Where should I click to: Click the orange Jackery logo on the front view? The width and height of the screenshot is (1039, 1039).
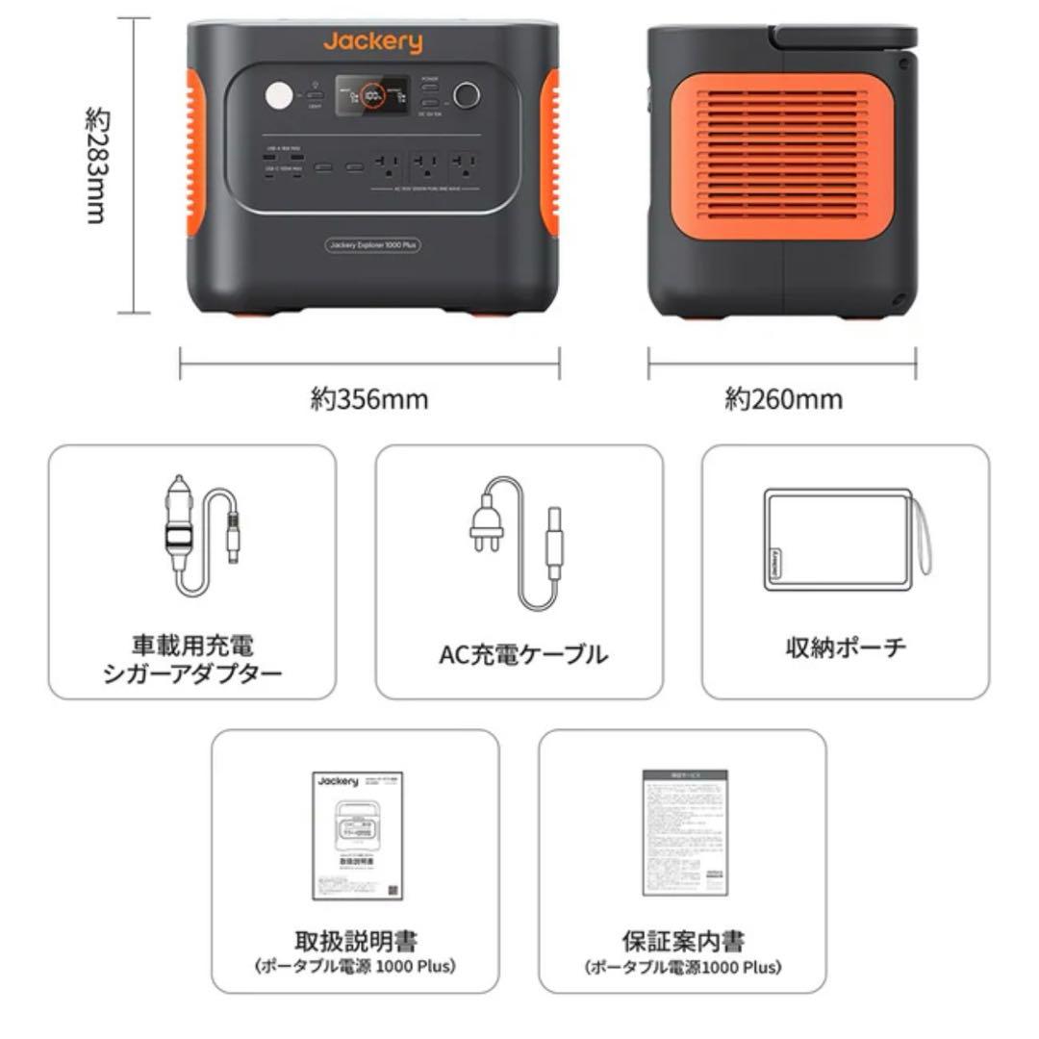(372, 42)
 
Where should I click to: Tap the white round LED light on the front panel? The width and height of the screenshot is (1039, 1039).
(279, 97)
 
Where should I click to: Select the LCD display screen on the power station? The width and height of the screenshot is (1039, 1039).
(372, 96)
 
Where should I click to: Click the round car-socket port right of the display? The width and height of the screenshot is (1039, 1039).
(467, 95)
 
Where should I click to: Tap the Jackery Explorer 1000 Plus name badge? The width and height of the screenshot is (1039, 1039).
(372, 245)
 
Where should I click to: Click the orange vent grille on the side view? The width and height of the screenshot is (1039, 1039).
(781, 155)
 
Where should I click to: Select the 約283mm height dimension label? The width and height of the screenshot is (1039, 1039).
(97, 165)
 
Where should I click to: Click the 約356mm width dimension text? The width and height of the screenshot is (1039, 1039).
(369, 398)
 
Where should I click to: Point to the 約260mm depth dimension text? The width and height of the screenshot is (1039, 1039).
(783, 398)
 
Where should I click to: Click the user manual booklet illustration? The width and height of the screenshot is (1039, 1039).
(355, 834)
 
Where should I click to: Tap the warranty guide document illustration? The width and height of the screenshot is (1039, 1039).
(684, 832)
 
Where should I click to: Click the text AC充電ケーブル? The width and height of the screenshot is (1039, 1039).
(523, 655)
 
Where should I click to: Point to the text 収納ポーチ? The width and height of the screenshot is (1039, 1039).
(846, 647)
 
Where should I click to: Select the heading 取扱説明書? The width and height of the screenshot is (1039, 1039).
(355, 940)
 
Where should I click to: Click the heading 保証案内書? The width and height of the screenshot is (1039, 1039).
(683, 940)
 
